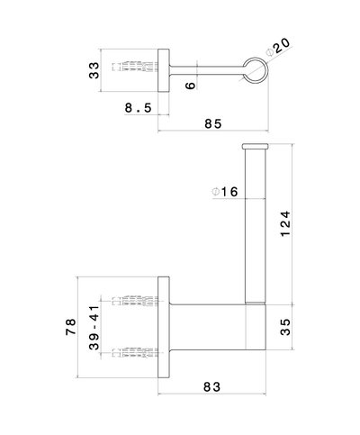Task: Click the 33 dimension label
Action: [x=94, y=70]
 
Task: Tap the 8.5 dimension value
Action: [x=139, y=108]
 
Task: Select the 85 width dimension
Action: [x=213, y=123]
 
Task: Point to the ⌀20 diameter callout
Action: [x=279, y=47]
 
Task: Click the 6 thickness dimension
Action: [x=191, y=86]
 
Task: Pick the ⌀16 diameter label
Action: [x=225, y=192]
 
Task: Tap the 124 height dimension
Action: [x=285, y=223]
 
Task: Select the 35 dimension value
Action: [x=285, y=327]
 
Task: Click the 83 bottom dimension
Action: [x=211, y=387]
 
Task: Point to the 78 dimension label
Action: [x=71, y=327]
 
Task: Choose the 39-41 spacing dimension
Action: [x=94, y=328]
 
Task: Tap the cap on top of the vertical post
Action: [x=255, y=147]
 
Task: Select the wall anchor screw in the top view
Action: [x=135, y=67]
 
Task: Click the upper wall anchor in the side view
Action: [x=135, y=301]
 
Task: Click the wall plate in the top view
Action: [x=164, y=70]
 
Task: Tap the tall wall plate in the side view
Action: [x=164, y=327]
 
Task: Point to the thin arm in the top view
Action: [x=207, y=69]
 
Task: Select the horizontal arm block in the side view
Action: [x=218, y=327]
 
